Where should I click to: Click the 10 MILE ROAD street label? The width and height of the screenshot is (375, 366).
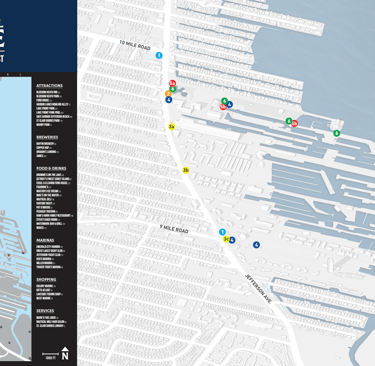point(134,46)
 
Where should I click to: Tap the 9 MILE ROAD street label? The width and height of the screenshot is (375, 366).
point(173,229)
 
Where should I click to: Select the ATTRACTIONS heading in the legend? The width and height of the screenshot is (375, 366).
point(49,86)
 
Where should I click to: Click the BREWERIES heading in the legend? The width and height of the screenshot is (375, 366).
point(47,137)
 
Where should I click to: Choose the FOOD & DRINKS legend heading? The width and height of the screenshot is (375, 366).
point(51,169)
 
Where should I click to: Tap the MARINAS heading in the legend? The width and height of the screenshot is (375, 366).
point(45,240)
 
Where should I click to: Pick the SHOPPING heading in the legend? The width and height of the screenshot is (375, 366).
point(46,279)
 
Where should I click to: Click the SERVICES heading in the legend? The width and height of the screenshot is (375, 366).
point(45,310)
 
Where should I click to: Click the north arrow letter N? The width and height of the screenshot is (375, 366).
point(65,355)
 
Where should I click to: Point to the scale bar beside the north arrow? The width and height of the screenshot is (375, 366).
point(51,356)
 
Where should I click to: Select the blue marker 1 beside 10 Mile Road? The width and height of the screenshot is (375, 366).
point(159,56)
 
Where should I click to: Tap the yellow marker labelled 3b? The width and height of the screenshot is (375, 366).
point(186,170)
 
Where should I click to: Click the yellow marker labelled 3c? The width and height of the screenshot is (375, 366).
point(227,240)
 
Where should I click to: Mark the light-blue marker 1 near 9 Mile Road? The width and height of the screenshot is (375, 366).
point(223,232)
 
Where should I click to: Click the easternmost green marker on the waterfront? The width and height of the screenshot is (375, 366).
point(337,133)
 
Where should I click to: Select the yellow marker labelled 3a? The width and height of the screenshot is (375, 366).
point(172,127)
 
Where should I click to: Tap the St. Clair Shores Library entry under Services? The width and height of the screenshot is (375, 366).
point(51,326)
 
